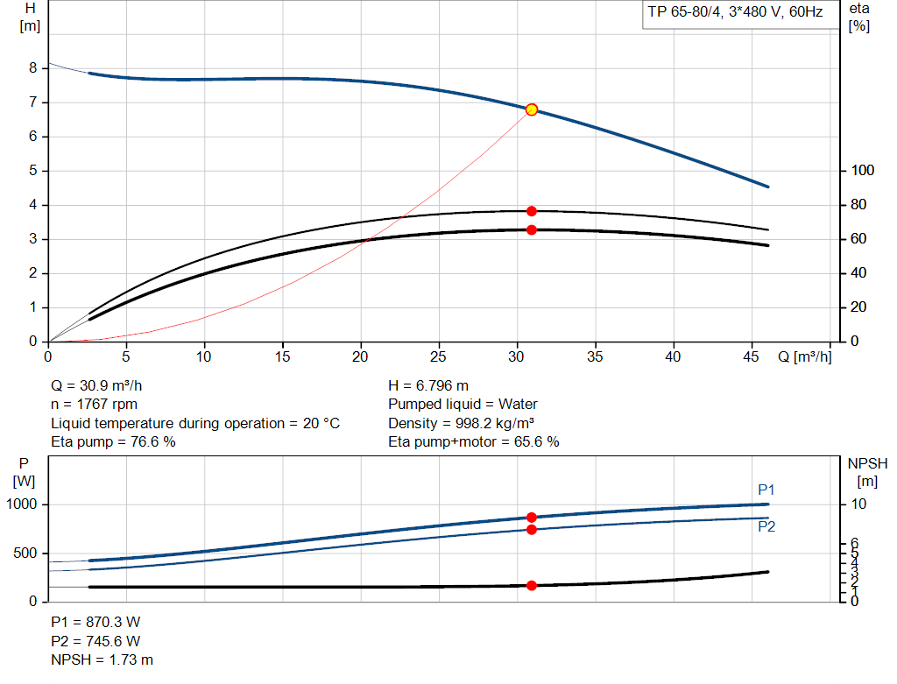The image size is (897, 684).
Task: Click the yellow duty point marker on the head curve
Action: (x=531, y=109)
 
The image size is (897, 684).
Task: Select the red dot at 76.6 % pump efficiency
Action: (x=531, y=211)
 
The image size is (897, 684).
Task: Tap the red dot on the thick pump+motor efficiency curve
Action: (x=531, y=230)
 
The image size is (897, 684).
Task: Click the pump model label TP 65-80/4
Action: (x=685, y=14)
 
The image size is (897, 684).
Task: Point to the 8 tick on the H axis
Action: (x=32, y=68)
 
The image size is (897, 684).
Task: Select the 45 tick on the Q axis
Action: (x=752, y=356)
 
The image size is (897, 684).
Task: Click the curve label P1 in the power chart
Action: (x=766, y=490)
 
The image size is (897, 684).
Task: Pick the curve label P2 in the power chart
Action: (x=766, y=526)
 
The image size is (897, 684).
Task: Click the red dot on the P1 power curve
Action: (x=531, y=518)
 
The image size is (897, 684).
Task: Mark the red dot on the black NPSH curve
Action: (x=531, y=585)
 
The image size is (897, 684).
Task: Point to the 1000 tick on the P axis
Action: (x=23, y=504)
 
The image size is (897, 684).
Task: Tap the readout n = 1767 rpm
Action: (x=94, y=405)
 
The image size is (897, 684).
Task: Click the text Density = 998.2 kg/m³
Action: (x=462, y=423)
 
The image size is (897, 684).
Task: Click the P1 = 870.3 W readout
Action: (x=95, y=622)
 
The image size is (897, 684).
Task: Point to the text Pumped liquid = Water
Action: (x=463, y=405)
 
